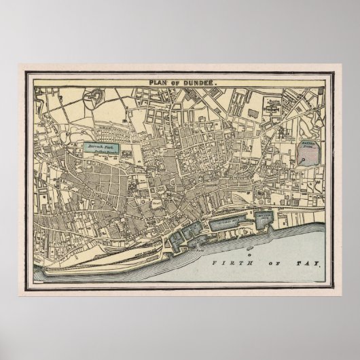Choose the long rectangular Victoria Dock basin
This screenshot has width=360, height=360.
pos(232,221)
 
